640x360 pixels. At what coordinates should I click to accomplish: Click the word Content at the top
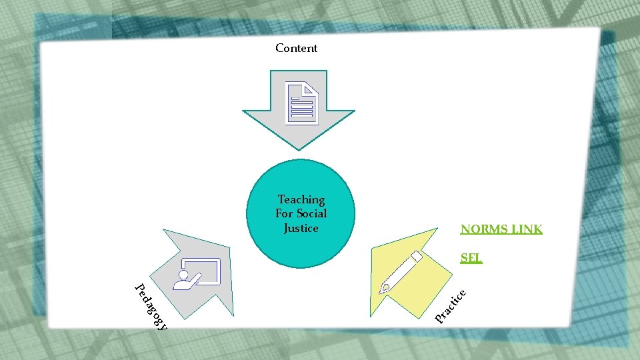(x=296, y=48)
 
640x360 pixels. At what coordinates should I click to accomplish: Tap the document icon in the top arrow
(x=302, y=103)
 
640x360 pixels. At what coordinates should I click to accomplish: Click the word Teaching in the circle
(x=301, y=199)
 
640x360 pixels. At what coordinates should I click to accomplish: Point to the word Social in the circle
(x=311, y=213)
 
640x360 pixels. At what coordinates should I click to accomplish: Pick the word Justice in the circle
(x=301, y=228)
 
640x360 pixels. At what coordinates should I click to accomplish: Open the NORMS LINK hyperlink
(x=501, y=229)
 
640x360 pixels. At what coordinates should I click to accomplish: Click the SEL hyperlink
(x=471, y=258)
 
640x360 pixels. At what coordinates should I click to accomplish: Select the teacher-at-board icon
(x=196, y=274)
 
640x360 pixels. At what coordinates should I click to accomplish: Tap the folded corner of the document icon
(x=312, y=88)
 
